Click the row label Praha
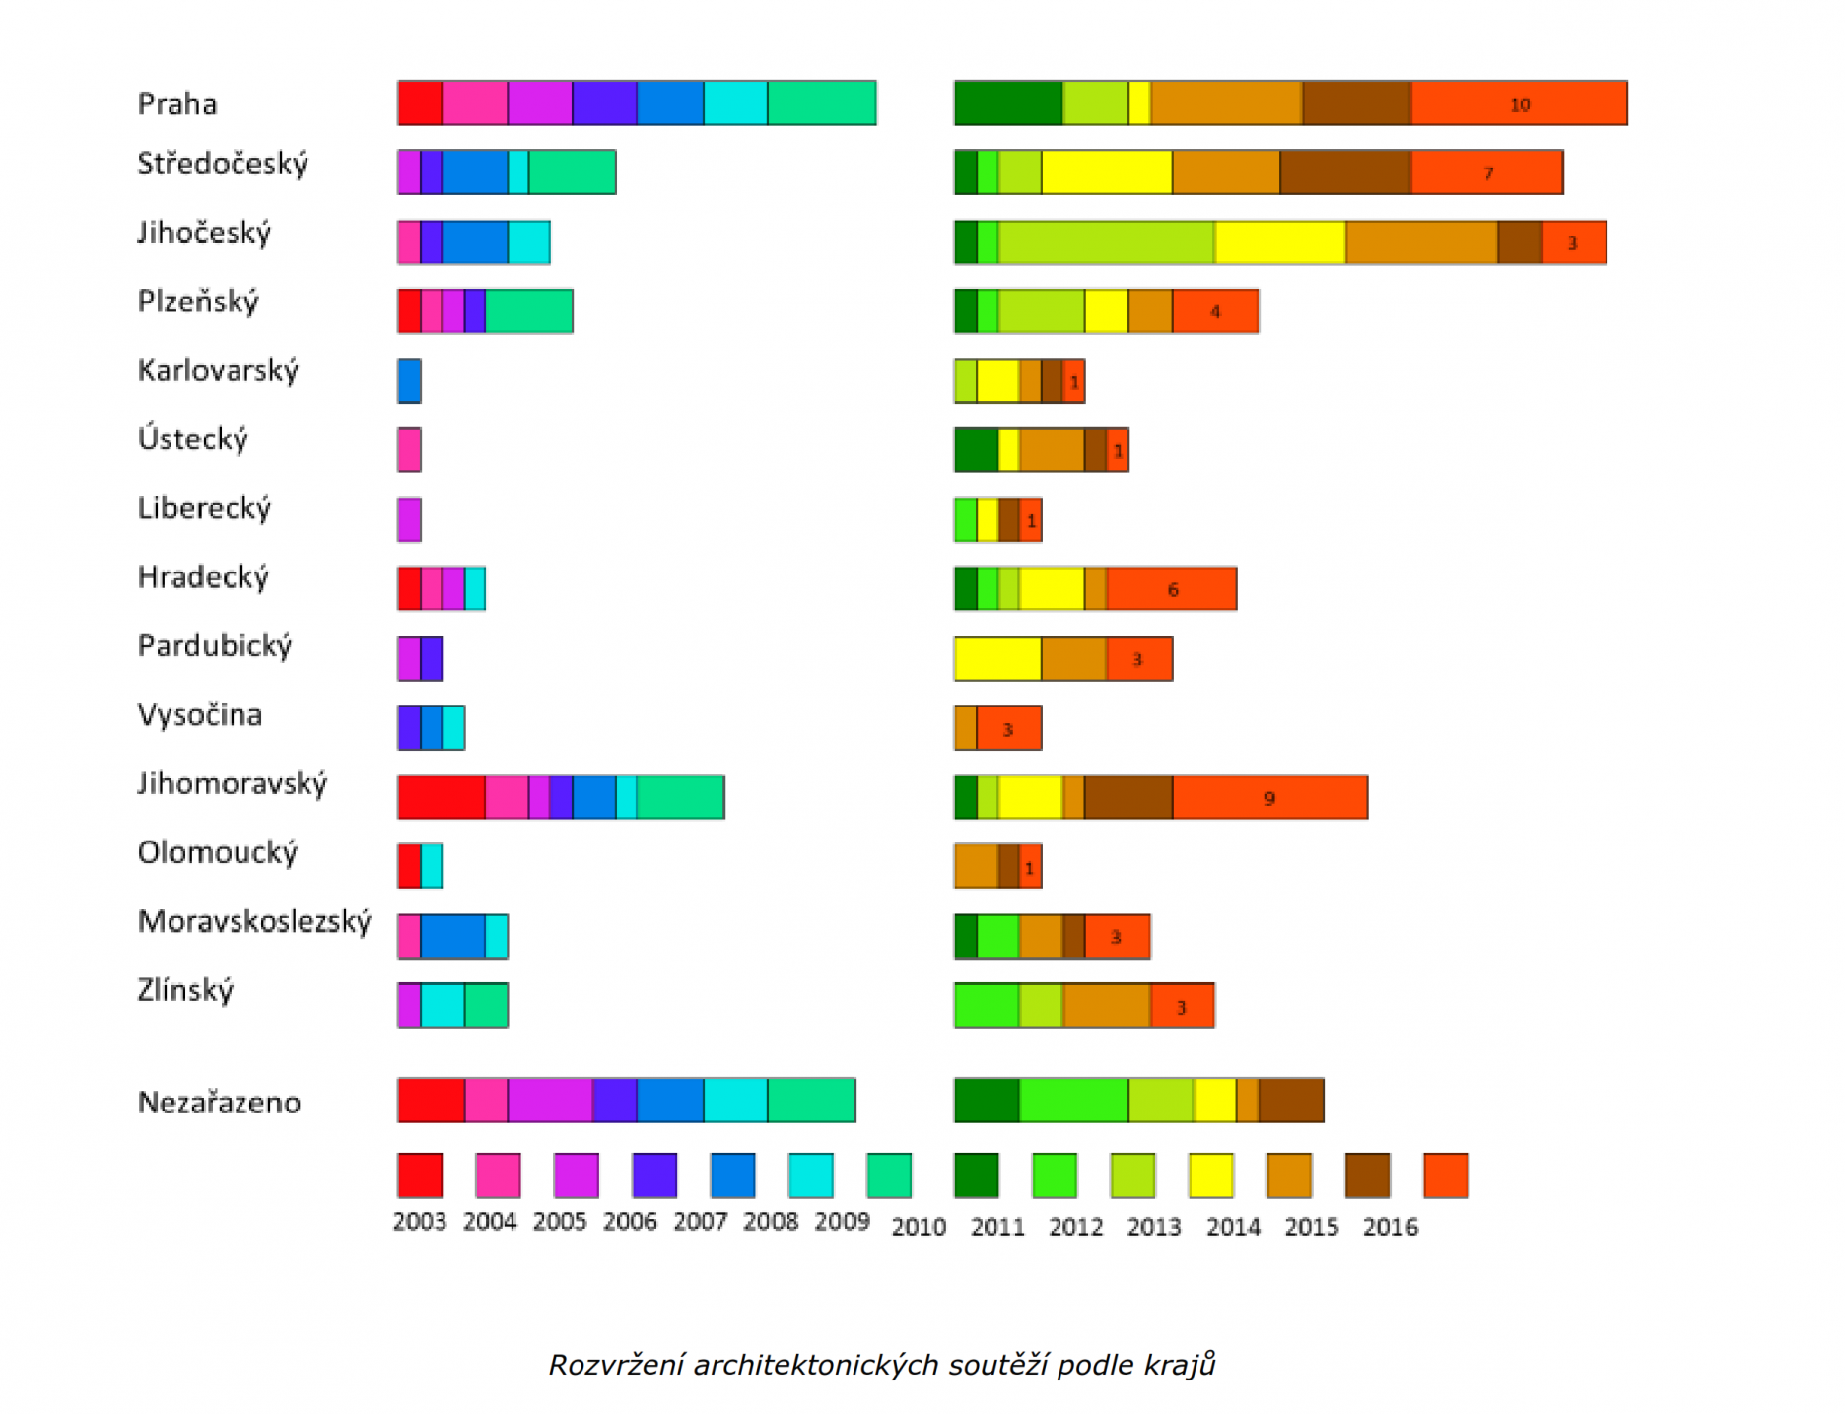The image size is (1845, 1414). (x=177, y=103)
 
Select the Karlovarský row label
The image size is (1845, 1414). (x=218, y=370)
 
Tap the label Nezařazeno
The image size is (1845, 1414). (x=219, y=1102)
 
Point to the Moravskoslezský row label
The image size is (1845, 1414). (x=254, y=921)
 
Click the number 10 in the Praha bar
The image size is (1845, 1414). (x=1520, y=104)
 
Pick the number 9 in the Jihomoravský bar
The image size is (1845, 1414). (x=1269, y=798)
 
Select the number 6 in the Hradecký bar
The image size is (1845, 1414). (x=1173, y=589)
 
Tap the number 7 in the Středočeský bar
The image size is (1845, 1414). (x=1488, y=173)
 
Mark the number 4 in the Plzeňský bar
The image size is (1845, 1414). (x=1215, y=311)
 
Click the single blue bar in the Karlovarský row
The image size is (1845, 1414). (x=410, y=380)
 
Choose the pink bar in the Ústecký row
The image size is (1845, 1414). (x=410, y=449)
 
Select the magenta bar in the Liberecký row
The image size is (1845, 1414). (x=410, y=519)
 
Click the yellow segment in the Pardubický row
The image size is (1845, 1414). (x=997, y=658)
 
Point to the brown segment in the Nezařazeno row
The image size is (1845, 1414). (x=1291, y=1101)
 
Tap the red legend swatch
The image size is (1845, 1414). (x=420, y=1175)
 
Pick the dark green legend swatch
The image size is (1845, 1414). (x=976, y=1175)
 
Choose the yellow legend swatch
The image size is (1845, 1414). (x=1211, y=1175)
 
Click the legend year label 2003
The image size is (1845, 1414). (x=420, y=1222)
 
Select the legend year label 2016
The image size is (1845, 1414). (x=1390, y=1227)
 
